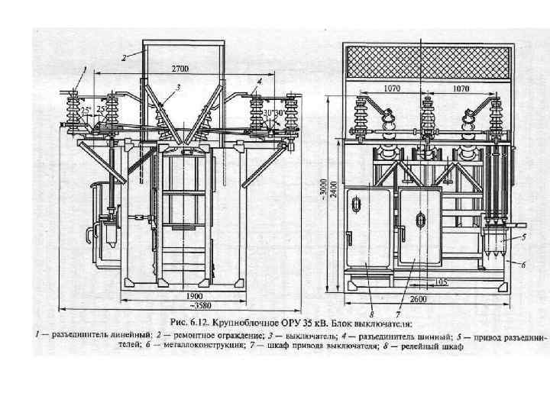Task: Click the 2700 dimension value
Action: click(x=181, y=67)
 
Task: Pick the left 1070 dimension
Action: click(x=392, y=89)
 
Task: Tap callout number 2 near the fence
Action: click(x=122, y=57)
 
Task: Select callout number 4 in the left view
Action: click(x=260, y=80)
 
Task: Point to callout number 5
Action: click(x=524, y=238)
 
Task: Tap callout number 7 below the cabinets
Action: click(x=398, y=313)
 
